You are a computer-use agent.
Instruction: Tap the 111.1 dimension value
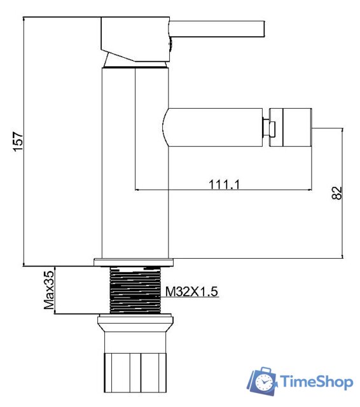click(224, 184)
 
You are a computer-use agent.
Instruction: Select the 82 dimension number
click(336, 193)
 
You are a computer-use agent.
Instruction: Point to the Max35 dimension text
click(48, 290)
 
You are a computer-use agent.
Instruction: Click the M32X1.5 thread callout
click(192, 292)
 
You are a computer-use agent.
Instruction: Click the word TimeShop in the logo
click(316, 382)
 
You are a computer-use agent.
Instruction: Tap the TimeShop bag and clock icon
click(262, 381)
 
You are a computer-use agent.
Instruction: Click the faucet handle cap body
click(134, 38)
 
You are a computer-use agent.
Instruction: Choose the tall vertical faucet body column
click(135, 165)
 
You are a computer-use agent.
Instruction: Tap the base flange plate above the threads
click(134, 261)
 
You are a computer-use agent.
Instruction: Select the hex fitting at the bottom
click(135, 369)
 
